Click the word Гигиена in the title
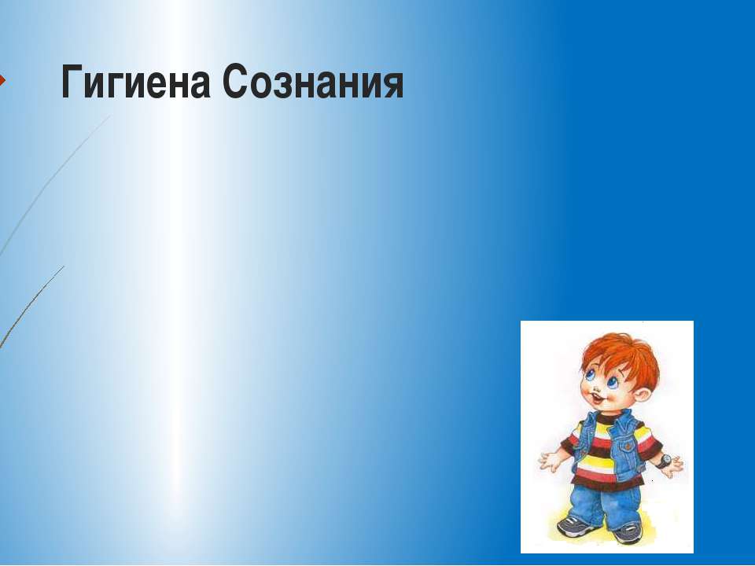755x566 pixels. coord(136,82)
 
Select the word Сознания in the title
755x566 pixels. coord(313,82)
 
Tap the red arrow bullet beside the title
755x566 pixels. coord(2,80)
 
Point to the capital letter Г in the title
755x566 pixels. coord(72,82)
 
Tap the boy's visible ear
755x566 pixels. coord(643,396)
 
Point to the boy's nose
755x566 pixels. coord(594,388)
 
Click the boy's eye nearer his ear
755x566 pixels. coord(613,382)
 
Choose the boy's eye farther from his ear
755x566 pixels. coord(589,373)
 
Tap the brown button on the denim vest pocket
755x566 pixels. coord(629,447)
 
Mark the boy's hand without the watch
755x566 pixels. coord(551,461)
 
